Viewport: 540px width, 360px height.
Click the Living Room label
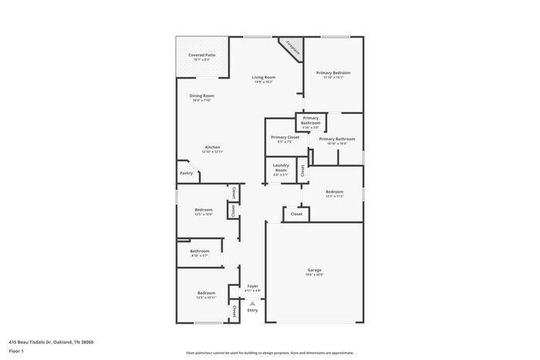tap(264, 78)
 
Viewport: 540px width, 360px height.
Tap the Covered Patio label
tap(201, 56)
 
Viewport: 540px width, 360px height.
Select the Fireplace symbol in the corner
tap(292, 48)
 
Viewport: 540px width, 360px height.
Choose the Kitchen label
tap(212, 147)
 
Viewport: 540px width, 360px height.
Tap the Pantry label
tap(186, 173)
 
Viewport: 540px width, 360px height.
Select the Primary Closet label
tap(285, 137)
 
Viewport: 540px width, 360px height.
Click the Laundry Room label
tap(281, 168)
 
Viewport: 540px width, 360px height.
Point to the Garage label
tap(314, 270)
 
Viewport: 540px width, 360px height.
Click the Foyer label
tap(252, 286)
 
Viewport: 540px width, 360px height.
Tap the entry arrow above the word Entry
tap(252, 304)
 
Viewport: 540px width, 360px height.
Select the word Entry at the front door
tap(252, 310)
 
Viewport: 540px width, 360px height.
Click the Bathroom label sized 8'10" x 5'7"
tap(200, 251)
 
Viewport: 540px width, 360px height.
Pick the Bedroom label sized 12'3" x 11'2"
tap(334, 192)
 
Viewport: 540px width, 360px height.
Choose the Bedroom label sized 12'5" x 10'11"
tap(206, 293)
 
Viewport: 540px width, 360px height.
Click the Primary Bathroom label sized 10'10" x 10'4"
tap(336, 140)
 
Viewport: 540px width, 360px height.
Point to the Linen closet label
tap(232, 210)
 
